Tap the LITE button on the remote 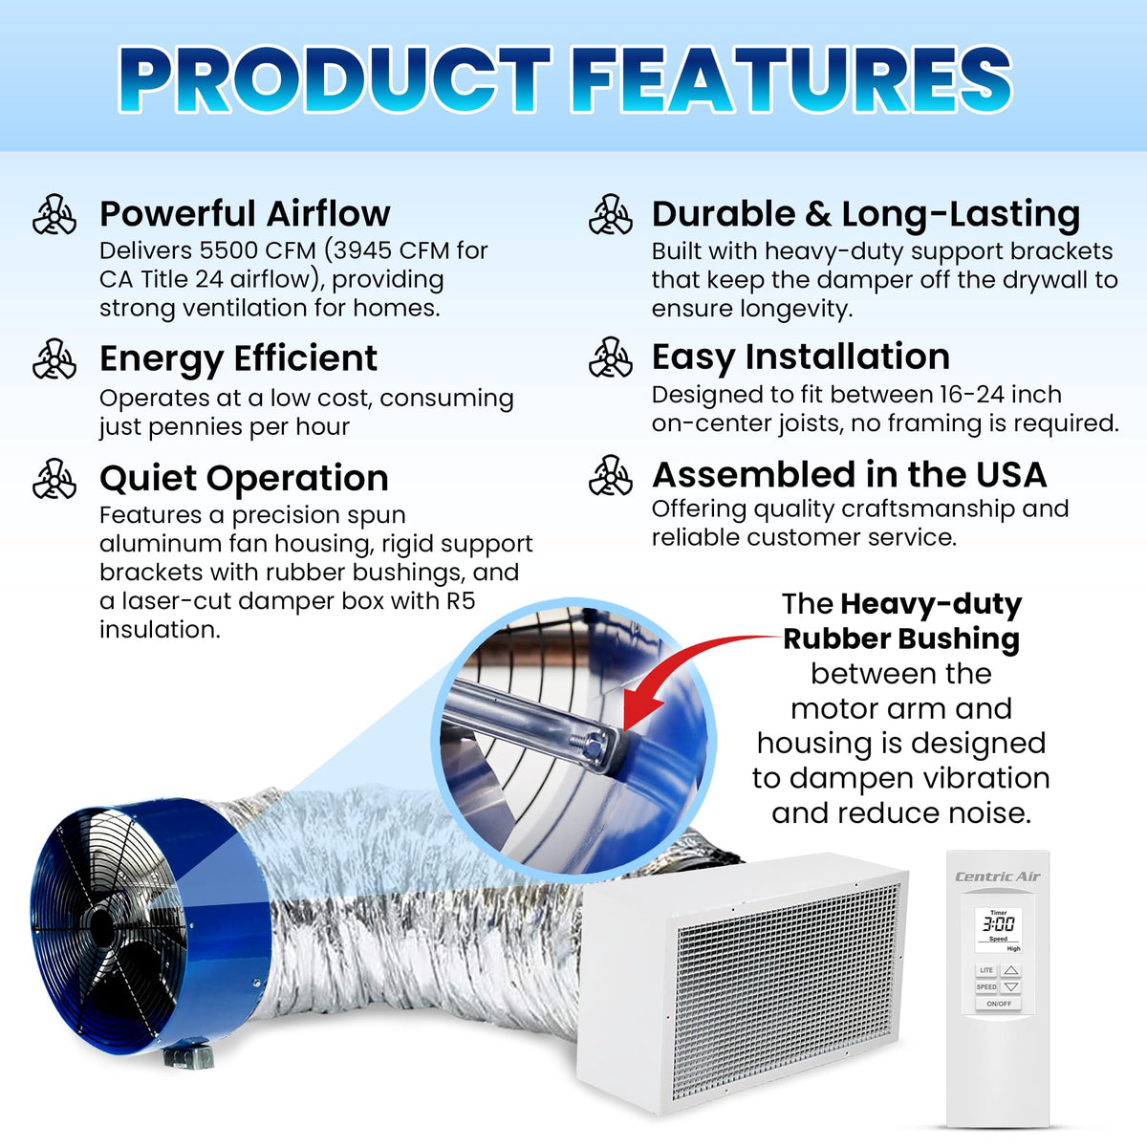(986, 970)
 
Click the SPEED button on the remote (986, 986)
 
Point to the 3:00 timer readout (998, 924)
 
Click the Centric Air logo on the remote (998, 876)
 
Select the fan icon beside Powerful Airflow (54, 214)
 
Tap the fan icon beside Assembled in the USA (610, 475)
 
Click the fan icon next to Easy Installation (610, 357)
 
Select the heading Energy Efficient (239, 359)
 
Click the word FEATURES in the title (790, 79)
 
